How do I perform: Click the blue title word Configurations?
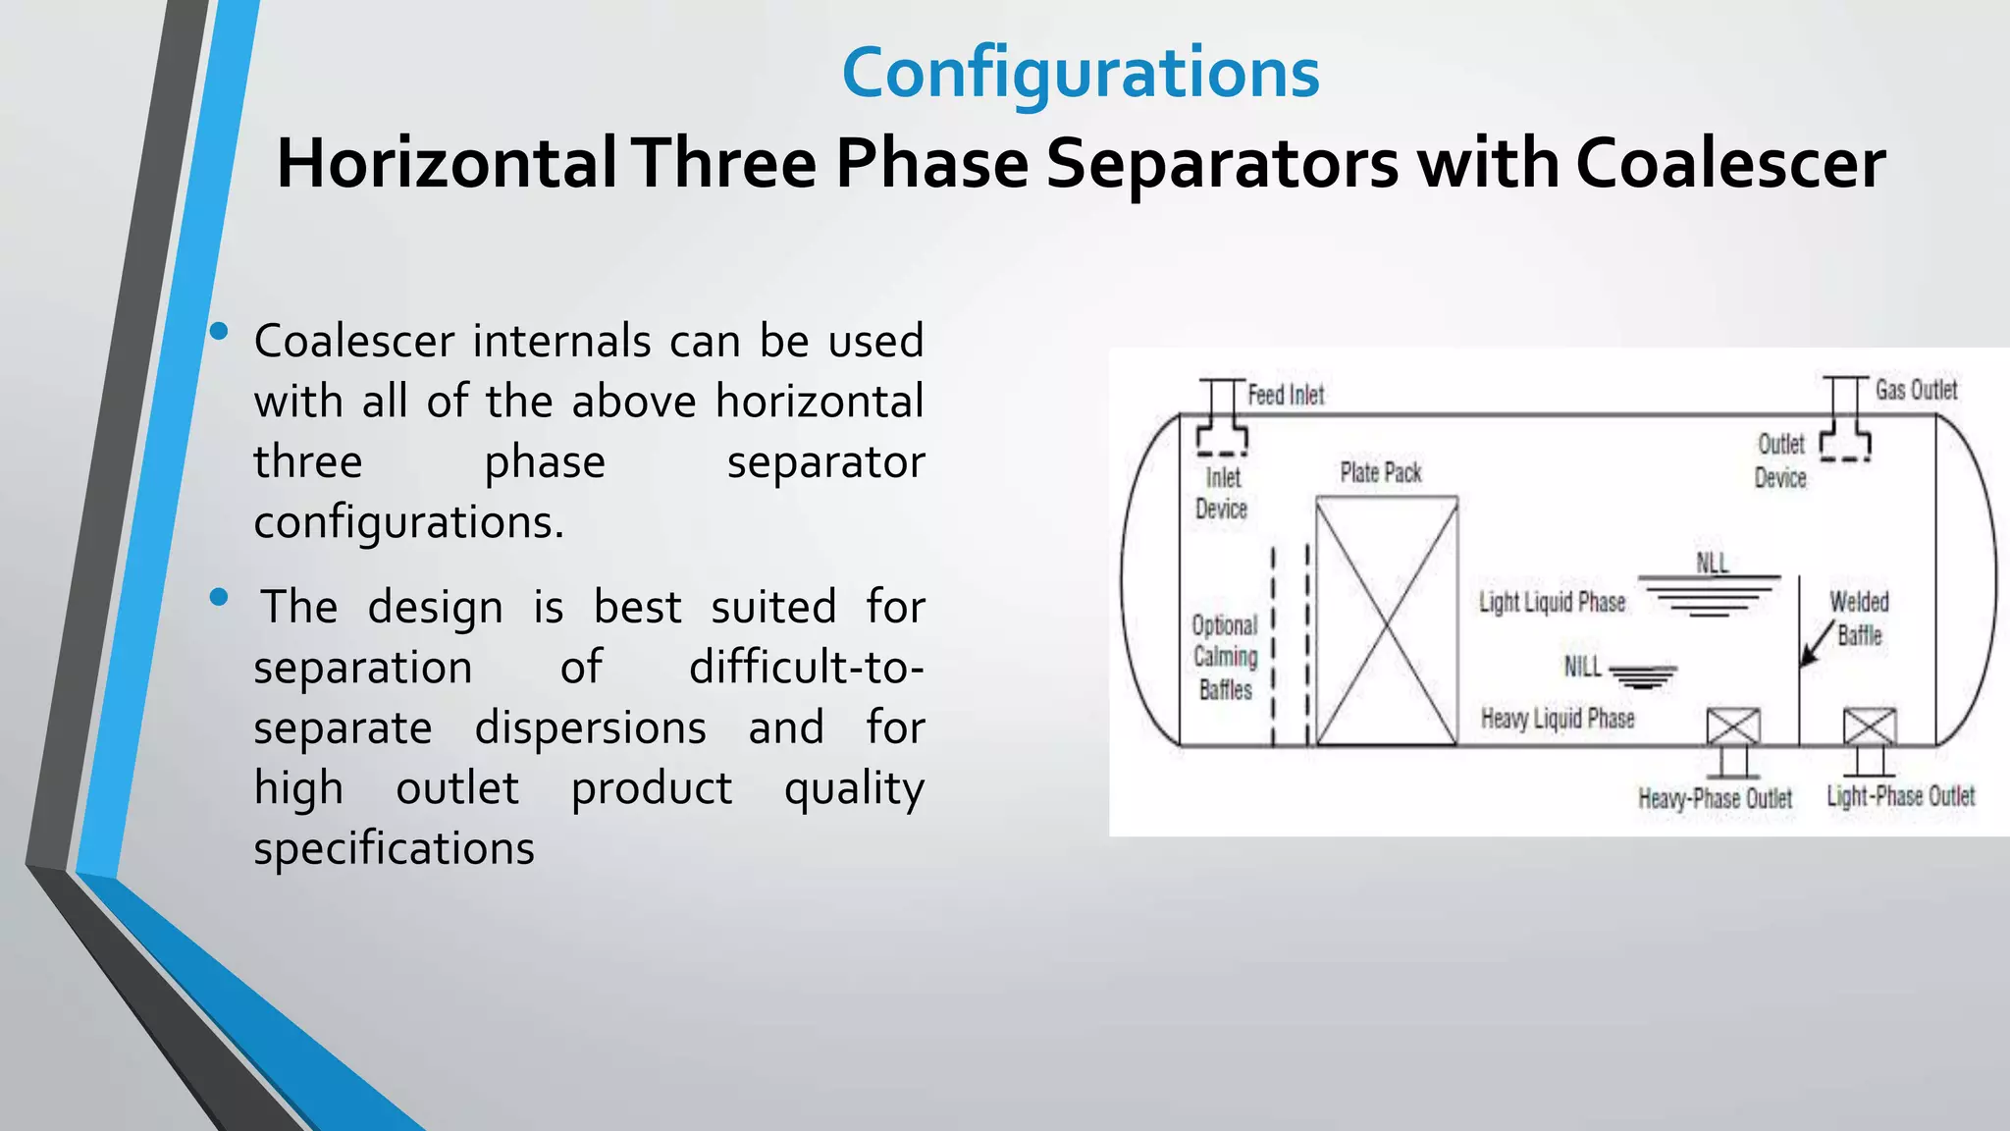click(x=1081, y=74)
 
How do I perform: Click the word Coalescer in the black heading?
click(x=1730, y=163)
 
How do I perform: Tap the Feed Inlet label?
click(x=1286, y=395)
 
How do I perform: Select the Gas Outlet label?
click(x=1916, y=390)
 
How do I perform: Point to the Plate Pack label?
click(x=1381, y=473)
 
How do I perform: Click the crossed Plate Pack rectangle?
click(x=1386, y=620)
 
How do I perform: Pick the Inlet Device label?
click(x=1222, y=493)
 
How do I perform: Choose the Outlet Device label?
click(x=1780, y=460)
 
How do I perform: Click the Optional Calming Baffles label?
click(x=1225, y=657)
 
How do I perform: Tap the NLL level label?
click(x=1712, y=563)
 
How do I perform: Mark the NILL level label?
click(x=1582, y=668)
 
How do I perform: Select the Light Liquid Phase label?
click(x=1552, y=602)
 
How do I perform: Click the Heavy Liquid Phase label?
click(x=1558, y=719)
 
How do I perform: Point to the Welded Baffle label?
click(x=1859, y=619)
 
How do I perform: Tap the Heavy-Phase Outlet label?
click(x=1715, y=798)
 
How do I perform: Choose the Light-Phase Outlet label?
click(x=1900, y=796)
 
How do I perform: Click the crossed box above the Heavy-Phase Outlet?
click(x=1733, y=727)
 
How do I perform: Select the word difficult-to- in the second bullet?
click(x=806, y=668)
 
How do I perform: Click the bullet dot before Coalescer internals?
click(x=219, y=332)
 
